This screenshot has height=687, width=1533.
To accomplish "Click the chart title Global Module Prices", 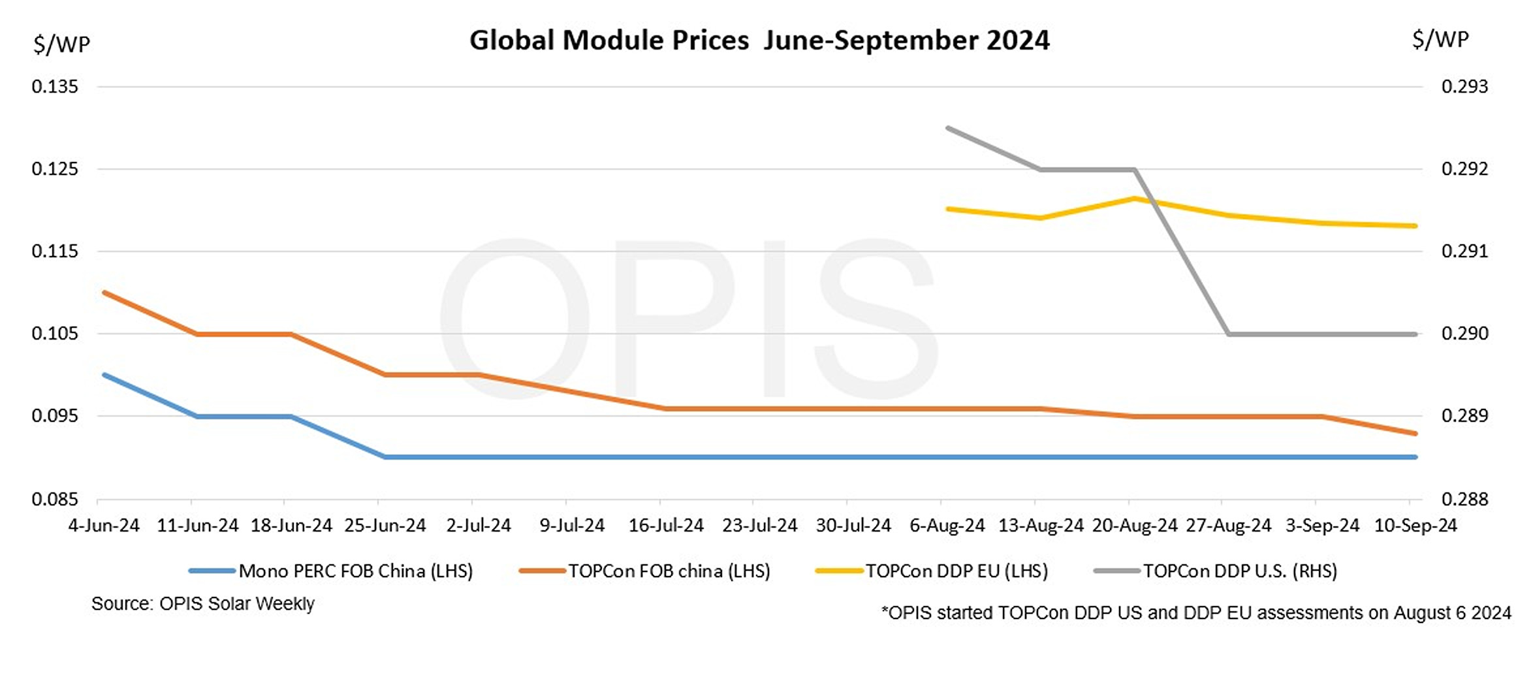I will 759,40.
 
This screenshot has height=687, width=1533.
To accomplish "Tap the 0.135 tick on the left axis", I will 55,87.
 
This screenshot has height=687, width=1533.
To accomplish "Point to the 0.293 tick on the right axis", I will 1464,87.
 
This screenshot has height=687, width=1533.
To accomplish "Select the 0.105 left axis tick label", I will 55,334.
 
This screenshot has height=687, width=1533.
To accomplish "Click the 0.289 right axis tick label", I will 1464,416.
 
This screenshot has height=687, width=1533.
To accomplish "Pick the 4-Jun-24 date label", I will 104,526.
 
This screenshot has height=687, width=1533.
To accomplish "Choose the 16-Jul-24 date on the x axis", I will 666,526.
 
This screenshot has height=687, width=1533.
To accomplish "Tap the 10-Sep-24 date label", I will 1415,526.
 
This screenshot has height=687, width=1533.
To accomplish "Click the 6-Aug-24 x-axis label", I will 947,526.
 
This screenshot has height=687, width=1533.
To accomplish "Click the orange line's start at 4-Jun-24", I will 104,293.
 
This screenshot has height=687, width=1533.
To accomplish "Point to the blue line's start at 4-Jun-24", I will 104,375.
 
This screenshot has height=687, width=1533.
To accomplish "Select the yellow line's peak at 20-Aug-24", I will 1135,199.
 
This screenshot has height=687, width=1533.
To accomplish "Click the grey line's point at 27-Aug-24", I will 1229,334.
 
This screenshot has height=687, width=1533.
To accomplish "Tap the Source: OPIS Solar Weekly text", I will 202,604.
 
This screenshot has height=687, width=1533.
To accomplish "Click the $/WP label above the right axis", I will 1440,40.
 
